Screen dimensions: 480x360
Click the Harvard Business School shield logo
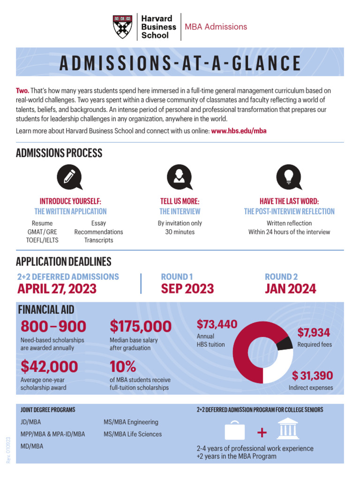point(122,27)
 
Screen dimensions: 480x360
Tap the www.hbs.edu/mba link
point(239,131)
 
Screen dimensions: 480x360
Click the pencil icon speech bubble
point(69,177)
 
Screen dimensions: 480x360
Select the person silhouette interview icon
point(179,177)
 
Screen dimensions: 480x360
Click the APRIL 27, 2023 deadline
point(57,289)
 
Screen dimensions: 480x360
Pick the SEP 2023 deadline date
point(187,289)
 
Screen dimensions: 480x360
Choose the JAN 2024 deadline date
point(290,289)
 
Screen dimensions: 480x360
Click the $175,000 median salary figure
point(141,326)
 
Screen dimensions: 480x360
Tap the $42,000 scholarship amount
point(49,366)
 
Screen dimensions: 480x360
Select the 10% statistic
point(123,366)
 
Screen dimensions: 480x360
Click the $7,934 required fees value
point(314,333)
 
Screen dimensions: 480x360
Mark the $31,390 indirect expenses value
point(312,375)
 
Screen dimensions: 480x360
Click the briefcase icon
point(235,431)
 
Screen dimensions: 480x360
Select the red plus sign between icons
point(262,431)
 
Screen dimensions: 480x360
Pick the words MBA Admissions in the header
point(216,27)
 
